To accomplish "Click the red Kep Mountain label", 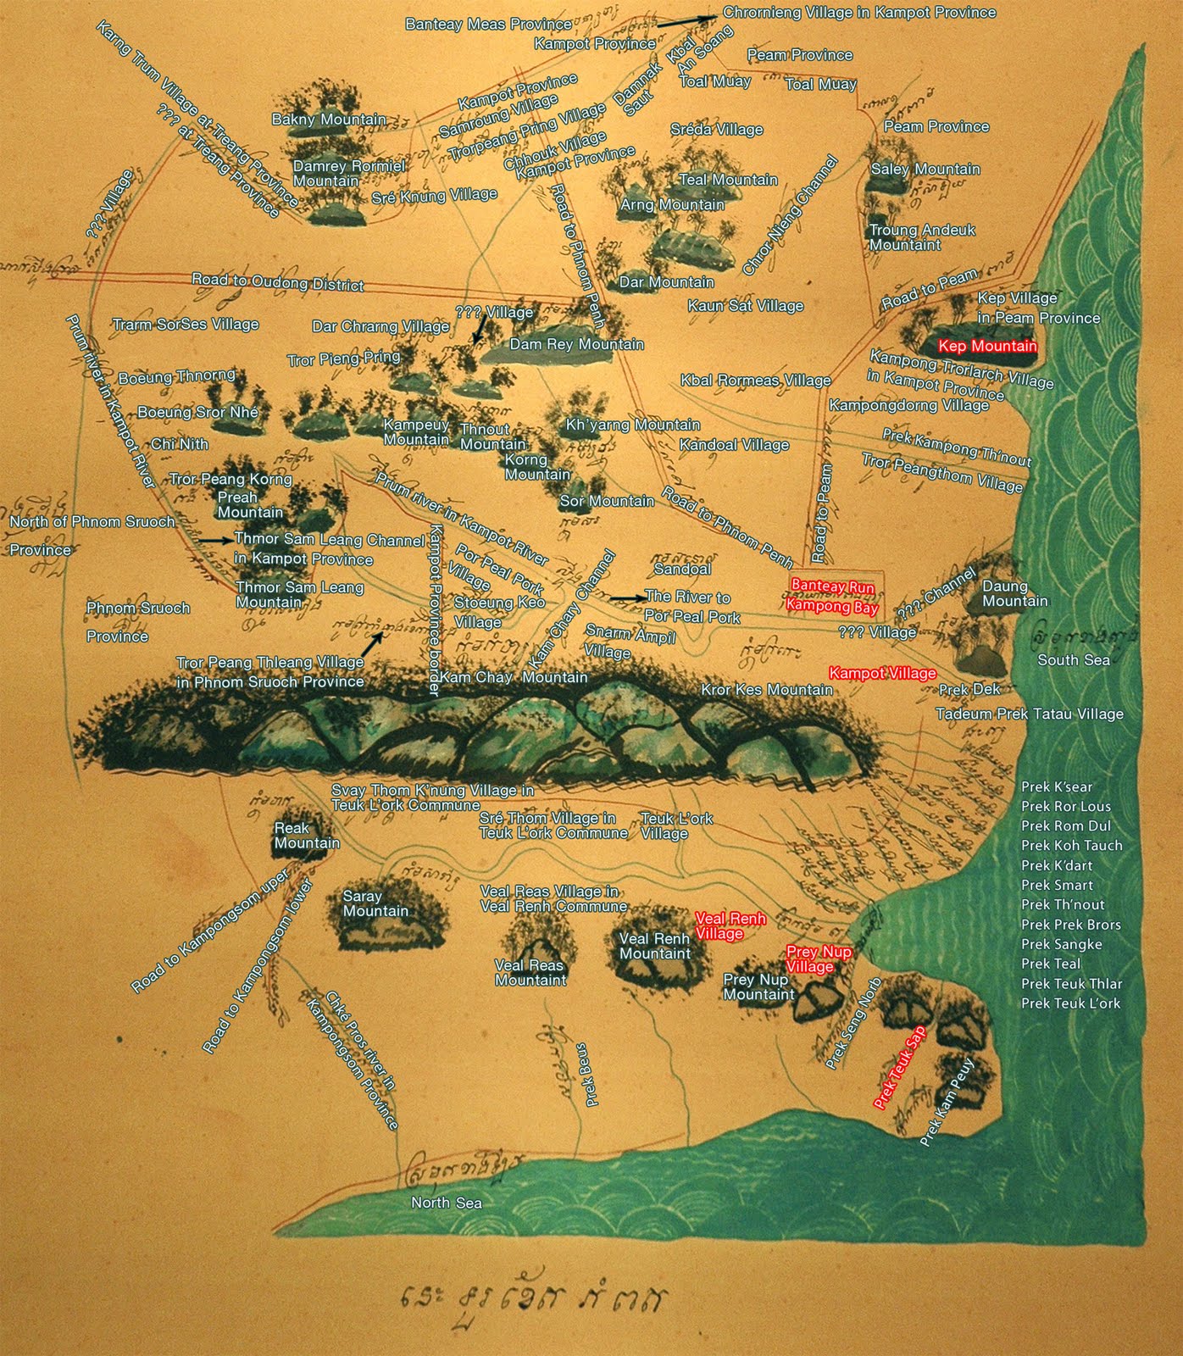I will pyautogui.click(x=987, y=346).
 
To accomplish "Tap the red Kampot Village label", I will pyautogui.click(x=882, y=673).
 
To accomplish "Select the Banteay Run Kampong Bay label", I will pyautogui.click(x=831, y=595).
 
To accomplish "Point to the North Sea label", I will pyautogui.click(x=446, y=1203).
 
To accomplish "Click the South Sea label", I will pyautogui.click(x=1074, y=659).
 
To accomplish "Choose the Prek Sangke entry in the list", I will pyautogui.click(x=1061, y=944).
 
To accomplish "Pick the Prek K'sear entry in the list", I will pyautogui.click(x=1057, y=786).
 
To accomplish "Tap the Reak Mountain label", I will pyautogui.click(x=307, y=835).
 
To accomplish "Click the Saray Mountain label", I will pyautogui.click(x=375, y=903).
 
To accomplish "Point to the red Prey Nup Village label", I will pyautogui.click(x=818, y=959).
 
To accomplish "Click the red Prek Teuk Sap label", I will pyautogui.click(x=900, y=1070).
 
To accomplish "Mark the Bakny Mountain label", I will pyautogui.click(x=329, y=119).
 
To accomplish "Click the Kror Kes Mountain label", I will pyautogui.click(x=766, y=690).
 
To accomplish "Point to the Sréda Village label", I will pyautogui.click(x=716, y=130).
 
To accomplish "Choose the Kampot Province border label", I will pyautogui.click(x=436, y=609).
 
